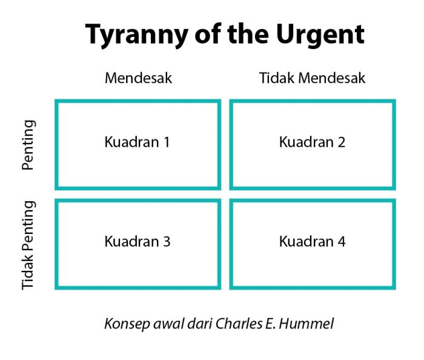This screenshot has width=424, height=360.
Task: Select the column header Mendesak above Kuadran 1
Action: point(138,79)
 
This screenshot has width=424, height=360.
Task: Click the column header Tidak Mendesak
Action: point(312,79)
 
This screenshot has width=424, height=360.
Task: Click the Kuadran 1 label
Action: point(137,142)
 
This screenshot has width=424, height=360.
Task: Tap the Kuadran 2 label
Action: point(312,142)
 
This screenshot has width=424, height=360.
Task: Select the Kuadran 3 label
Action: point(137,241)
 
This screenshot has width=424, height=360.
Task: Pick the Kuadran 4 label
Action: point(312,241)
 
